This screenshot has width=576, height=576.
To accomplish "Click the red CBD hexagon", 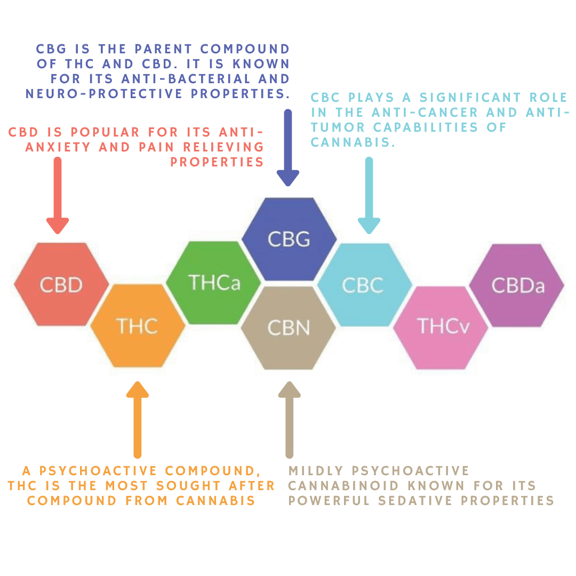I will [61, 284].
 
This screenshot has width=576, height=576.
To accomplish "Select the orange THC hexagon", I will [137, 325].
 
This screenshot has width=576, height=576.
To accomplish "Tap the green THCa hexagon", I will [214, 283].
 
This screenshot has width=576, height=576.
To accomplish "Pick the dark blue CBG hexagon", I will [289, 238].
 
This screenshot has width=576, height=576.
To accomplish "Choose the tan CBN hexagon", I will [289, 327].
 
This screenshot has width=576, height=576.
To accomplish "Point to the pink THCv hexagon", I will [441, 326].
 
